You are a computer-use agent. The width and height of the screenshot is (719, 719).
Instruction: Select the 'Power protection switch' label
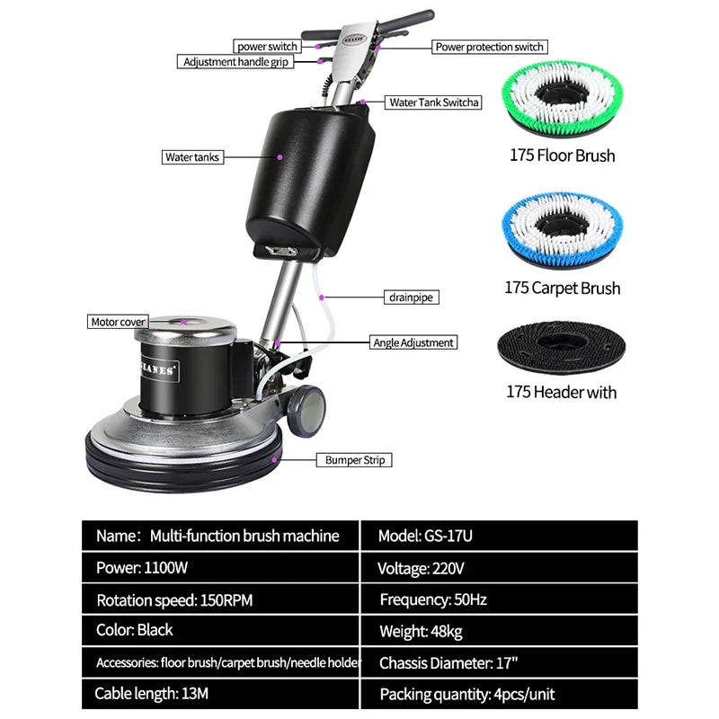click(489, 47)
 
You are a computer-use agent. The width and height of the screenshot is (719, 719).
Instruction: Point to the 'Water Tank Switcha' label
click(433, 102)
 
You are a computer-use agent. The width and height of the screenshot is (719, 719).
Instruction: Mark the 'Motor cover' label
click(118, 322)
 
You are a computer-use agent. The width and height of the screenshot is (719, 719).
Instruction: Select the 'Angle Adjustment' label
click(413, 342)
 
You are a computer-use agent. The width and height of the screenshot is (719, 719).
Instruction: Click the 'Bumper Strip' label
click(352, 460)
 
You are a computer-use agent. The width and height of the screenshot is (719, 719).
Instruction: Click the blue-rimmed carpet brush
click(562, 230)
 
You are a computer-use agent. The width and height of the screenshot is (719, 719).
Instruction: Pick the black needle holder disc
click(562, 345)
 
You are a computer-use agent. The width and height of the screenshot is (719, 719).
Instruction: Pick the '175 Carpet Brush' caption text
click(562, 288)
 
